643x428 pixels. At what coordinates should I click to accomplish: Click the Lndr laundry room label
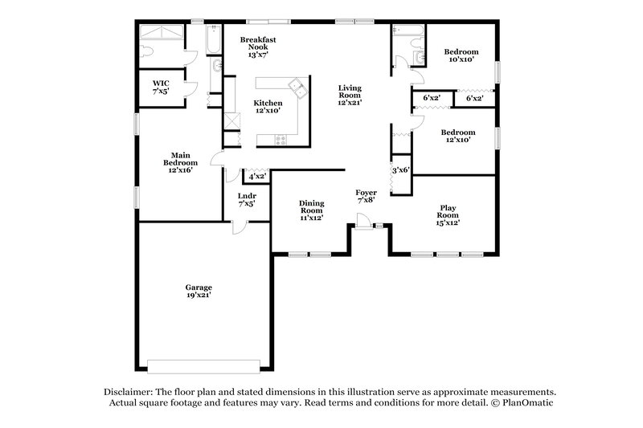pyautogui.click(x=247, y=196)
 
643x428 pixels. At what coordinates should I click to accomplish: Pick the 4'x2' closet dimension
pyautogui.click(x=257, y=176)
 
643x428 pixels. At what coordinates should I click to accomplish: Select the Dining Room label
pyautogui.click(x=311, y=207)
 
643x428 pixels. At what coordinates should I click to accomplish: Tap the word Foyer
pyautogui.click(x=367, y=193)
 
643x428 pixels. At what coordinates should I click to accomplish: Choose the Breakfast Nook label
pyautogui.click(x=258, y=43)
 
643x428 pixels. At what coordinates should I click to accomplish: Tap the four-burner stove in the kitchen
pyautogui.click(x=281, y=140)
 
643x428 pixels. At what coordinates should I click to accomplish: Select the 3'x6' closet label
pyautogui.click(x=400, y=170)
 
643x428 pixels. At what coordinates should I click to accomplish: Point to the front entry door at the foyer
pyautogui.click(x=367, y=227)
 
